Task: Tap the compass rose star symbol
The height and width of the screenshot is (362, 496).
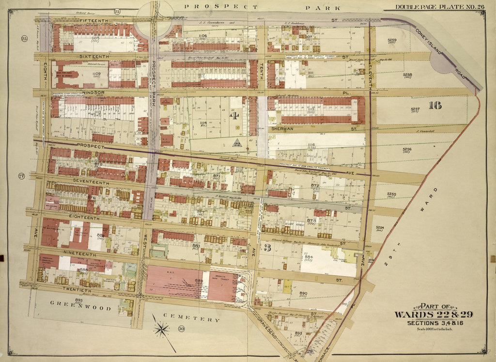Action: pos(162,330)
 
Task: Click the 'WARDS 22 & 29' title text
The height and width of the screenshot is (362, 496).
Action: pos(433,315)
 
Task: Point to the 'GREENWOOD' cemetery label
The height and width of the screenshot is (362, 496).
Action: pos(81,308)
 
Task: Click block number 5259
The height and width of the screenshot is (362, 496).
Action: pos(392,41)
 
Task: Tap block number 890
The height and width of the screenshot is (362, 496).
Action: pos(303,293)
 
